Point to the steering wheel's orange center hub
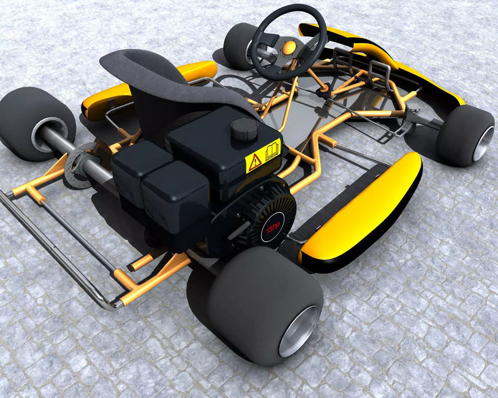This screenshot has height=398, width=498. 289,48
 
